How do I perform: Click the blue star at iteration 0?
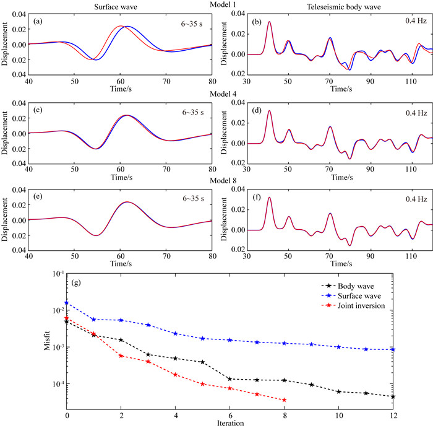pyautogui.click(x=67, y=304)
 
